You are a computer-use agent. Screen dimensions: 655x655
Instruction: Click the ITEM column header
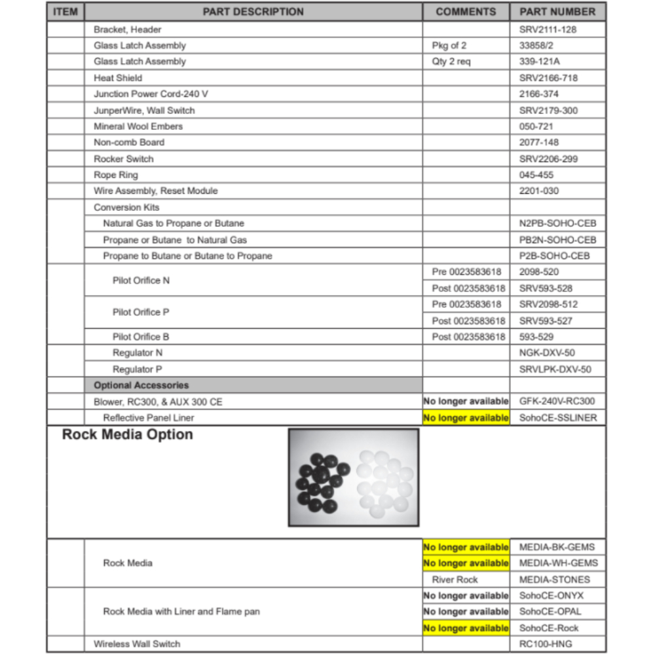point(65,12)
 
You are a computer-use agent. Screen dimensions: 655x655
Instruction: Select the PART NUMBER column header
point(557,12)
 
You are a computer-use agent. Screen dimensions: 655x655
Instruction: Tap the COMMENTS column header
point(466,12)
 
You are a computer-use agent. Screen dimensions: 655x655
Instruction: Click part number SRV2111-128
point(548,29)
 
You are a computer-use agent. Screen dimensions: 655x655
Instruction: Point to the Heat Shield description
point(118,77)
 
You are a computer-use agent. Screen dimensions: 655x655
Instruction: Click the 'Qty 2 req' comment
point(451,62)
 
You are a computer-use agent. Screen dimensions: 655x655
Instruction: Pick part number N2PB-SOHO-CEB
point(557,223)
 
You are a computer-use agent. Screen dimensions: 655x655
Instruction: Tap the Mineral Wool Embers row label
point(138,126)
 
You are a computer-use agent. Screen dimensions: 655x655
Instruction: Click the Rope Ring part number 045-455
point(536,175)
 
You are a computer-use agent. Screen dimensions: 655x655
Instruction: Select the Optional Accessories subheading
point(141,385)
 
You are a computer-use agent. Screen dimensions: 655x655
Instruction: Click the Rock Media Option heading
point(128,435)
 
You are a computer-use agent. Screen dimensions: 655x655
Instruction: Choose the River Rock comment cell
point(455,580)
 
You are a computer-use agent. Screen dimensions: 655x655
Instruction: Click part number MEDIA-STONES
point(554,580)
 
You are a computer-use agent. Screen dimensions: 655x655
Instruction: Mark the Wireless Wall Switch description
point(137,644)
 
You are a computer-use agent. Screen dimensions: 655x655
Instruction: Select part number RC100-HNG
point(545,644)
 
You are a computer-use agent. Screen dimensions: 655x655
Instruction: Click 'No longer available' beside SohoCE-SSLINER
point(466,418)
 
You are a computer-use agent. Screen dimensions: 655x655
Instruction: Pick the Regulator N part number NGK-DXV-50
point(547,353)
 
